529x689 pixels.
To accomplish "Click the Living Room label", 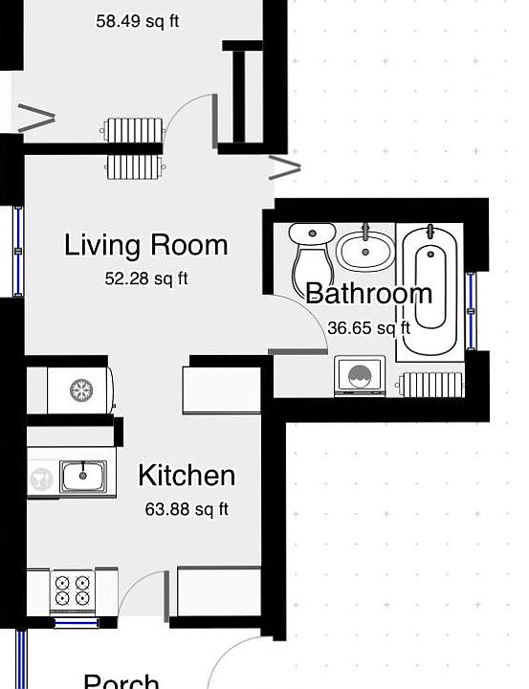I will click(x=145, y=245).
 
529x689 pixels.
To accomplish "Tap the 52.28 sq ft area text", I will click(x=145, y=279).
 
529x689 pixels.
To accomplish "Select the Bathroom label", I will click(x=368, y=293).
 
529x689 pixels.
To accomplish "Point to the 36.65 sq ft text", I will click(x=368, y=327).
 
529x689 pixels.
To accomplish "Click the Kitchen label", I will click(x=186, y=476).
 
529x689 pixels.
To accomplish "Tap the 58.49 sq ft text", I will click(x=137, y=20).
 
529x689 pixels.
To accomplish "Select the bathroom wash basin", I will click(x=364, y=251).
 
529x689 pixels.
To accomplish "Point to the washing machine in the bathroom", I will click(x=360, y=376).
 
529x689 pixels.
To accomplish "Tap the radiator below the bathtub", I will click(x=430, y=385).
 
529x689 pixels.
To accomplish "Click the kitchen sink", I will click(x=81, y=475).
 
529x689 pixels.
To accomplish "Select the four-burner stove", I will click(x=73, y=590).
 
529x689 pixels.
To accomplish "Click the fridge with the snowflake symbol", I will click(x=80, y=389).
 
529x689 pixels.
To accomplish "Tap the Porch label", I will click(x=121, y=681).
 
